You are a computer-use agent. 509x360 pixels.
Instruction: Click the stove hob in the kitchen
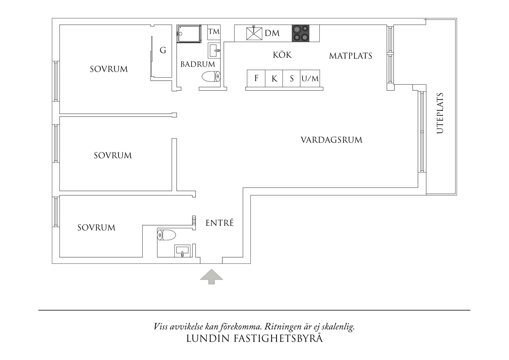300,33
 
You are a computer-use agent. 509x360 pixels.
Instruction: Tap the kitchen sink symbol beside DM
254,33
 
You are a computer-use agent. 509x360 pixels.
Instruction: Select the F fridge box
256,78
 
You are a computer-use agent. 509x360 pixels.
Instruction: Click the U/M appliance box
310,78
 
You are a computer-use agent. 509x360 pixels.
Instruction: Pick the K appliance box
274,78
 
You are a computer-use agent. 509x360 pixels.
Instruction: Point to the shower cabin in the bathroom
189,34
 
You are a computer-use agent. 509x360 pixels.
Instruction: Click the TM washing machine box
214,32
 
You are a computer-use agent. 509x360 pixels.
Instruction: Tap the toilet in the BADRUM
211,77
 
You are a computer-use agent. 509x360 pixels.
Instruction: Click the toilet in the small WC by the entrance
166,235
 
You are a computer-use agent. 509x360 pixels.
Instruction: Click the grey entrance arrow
212,276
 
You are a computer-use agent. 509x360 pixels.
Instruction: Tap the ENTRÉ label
219,223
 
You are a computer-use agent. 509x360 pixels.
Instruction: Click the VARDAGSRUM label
331,140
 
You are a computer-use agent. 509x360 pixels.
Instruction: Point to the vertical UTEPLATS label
440,113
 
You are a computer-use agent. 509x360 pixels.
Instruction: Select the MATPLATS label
351,56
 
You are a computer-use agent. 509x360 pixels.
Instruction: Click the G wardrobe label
163,51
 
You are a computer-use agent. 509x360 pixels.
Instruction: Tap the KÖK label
282,55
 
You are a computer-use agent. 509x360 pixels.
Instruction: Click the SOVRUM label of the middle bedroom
113,156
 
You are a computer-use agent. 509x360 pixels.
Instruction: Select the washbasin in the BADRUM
214,51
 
